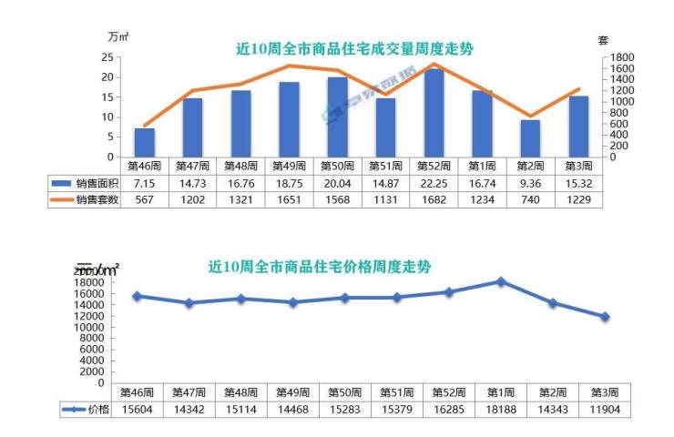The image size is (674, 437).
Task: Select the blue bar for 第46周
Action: pos(144,142)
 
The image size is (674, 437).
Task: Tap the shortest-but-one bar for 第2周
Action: pos(530,138)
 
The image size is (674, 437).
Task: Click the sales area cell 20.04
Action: pos(337,183)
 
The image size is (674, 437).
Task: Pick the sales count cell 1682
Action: pos(434,199)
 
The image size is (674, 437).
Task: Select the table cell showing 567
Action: pos(144,199)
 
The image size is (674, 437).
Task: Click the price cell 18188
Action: pos(500,410)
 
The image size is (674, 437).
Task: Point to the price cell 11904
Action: pos(604,410)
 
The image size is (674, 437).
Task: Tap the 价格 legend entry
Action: pos(86,410)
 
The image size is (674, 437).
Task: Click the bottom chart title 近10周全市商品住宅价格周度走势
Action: pos(319,268)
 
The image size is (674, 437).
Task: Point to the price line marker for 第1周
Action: pos(500,281)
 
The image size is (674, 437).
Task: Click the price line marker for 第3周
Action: pos(604,317)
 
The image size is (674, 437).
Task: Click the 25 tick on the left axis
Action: pos(107,57)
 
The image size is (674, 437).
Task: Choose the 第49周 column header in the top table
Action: pos(289,167)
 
